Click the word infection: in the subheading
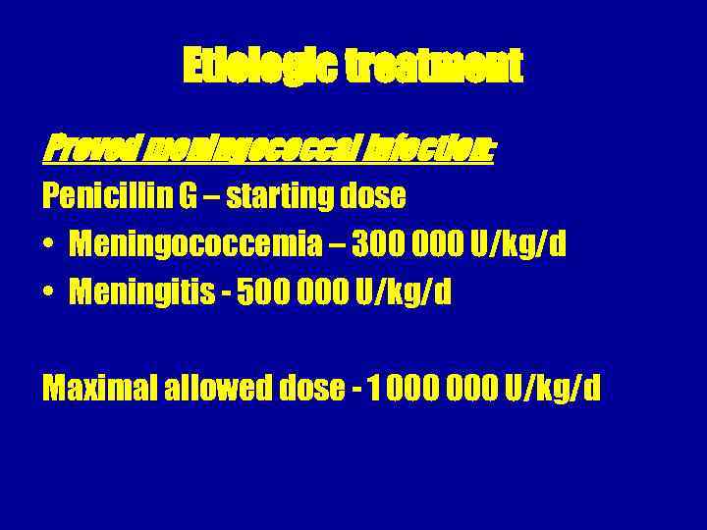(432, 150)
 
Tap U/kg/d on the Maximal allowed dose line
(553, 390)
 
